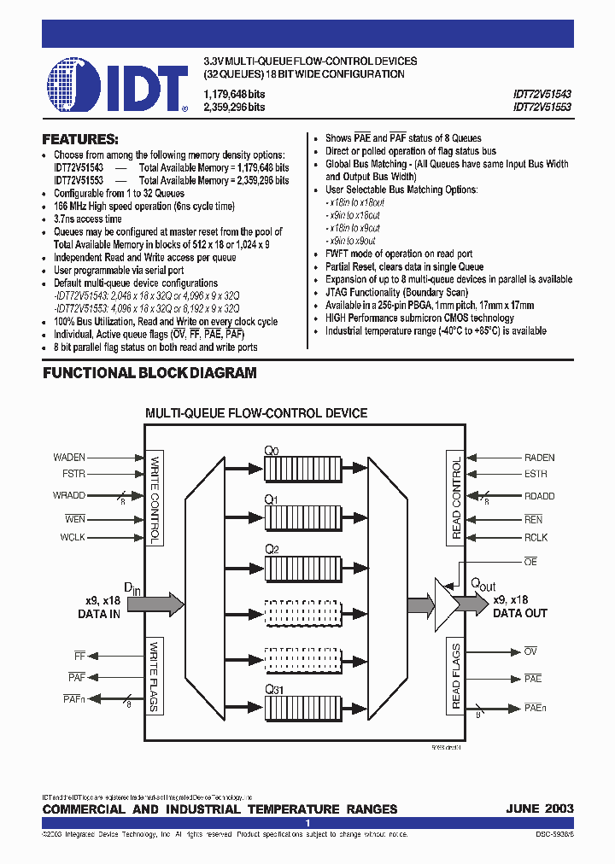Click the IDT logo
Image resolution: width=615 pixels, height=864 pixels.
pos(117,85)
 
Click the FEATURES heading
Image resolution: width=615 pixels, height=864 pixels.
pos(80,139)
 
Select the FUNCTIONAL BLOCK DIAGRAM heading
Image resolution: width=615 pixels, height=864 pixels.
pos(149,373)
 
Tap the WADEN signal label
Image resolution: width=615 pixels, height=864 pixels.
pos(69,458)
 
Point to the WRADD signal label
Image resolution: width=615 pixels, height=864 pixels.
pos(68,495)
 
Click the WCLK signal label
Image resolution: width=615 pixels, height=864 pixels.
pos(72,537)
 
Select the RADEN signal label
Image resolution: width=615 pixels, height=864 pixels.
pos(540,458)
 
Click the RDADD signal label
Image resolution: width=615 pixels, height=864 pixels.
pos(539,496)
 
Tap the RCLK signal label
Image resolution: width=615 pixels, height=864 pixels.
pos(536,538)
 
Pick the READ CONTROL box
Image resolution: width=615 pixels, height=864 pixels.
pos(455,499)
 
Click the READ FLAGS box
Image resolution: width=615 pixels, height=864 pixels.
pos(455,678)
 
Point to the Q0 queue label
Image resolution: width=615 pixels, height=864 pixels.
pos(271,450)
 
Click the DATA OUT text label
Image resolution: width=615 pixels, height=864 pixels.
pos(520,613)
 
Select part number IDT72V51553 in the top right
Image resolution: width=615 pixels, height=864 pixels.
pos(542,108)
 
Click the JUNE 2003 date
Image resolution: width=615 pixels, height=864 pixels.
pos(540,809)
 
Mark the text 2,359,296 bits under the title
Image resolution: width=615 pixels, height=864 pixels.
pos(234,108)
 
